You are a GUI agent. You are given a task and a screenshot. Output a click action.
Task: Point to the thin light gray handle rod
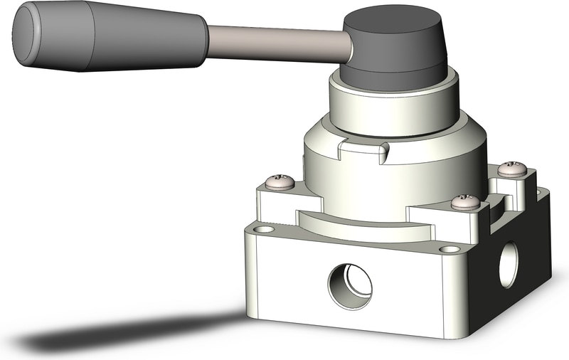coord(277,42)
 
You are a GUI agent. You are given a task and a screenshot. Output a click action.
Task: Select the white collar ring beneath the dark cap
coord(388,107)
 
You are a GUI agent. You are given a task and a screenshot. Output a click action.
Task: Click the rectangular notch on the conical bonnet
coord(363,151)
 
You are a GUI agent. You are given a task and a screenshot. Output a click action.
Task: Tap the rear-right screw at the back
coord(511,169)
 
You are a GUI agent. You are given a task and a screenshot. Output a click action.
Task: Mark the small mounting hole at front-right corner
coord(448,250)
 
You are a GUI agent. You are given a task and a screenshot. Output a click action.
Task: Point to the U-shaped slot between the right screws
coord(497,200)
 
